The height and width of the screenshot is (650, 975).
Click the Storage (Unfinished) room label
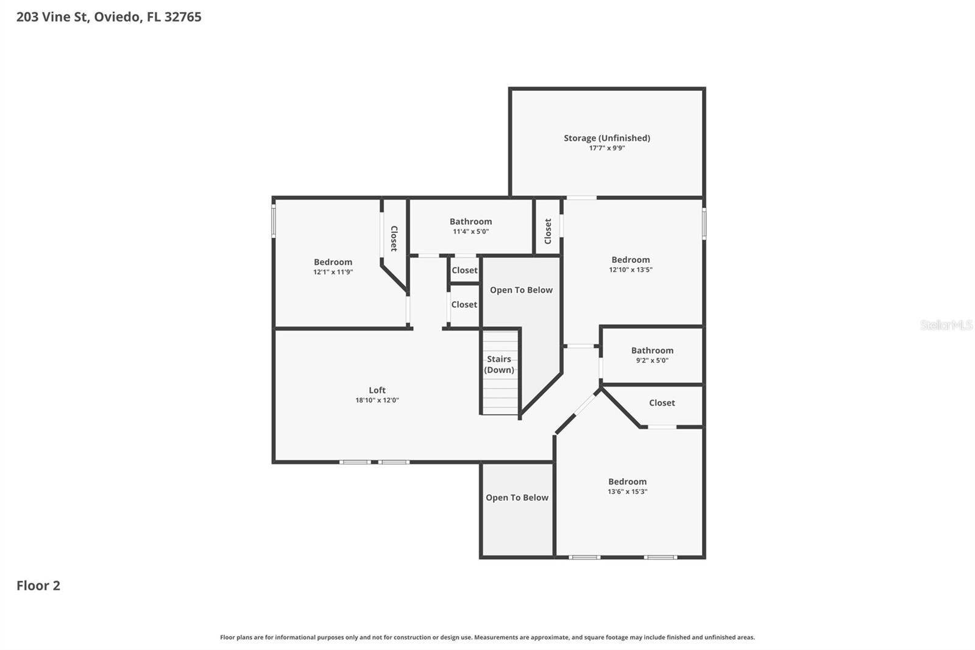coord(606,138)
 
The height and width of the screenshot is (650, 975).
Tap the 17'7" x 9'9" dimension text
coord(606,148)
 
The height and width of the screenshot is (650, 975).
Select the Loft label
coord(377,390)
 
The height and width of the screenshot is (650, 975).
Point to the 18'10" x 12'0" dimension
coord(377,401)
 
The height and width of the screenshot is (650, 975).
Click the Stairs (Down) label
coord(499,365)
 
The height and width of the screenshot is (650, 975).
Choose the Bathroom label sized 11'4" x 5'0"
coord(470,221)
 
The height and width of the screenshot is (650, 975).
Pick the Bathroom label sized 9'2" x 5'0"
coord(652,351)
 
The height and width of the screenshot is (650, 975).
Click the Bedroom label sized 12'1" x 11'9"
coord(333,262)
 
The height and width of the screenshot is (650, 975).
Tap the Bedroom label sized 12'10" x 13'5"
coord(630,260)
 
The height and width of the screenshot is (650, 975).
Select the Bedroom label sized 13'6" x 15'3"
coord(627,482)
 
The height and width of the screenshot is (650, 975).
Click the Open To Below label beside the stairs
coord(521,290)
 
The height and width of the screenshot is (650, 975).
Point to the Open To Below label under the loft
coord(517,498)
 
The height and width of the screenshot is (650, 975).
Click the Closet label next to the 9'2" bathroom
coord(662,403)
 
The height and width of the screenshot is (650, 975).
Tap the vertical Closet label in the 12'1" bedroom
coord(394,238)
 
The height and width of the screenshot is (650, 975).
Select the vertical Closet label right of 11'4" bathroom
coord(548,231)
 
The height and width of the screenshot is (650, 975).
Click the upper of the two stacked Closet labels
coord(464,270)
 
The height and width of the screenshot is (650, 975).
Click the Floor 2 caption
coord(38,585)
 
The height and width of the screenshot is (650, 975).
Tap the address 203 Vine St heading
coord(108,17)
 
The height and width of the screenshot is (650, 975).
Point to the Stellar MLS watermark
coord(946,325)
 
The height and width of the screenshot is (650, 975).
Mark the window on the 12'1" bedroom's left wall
coord(274,221)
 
